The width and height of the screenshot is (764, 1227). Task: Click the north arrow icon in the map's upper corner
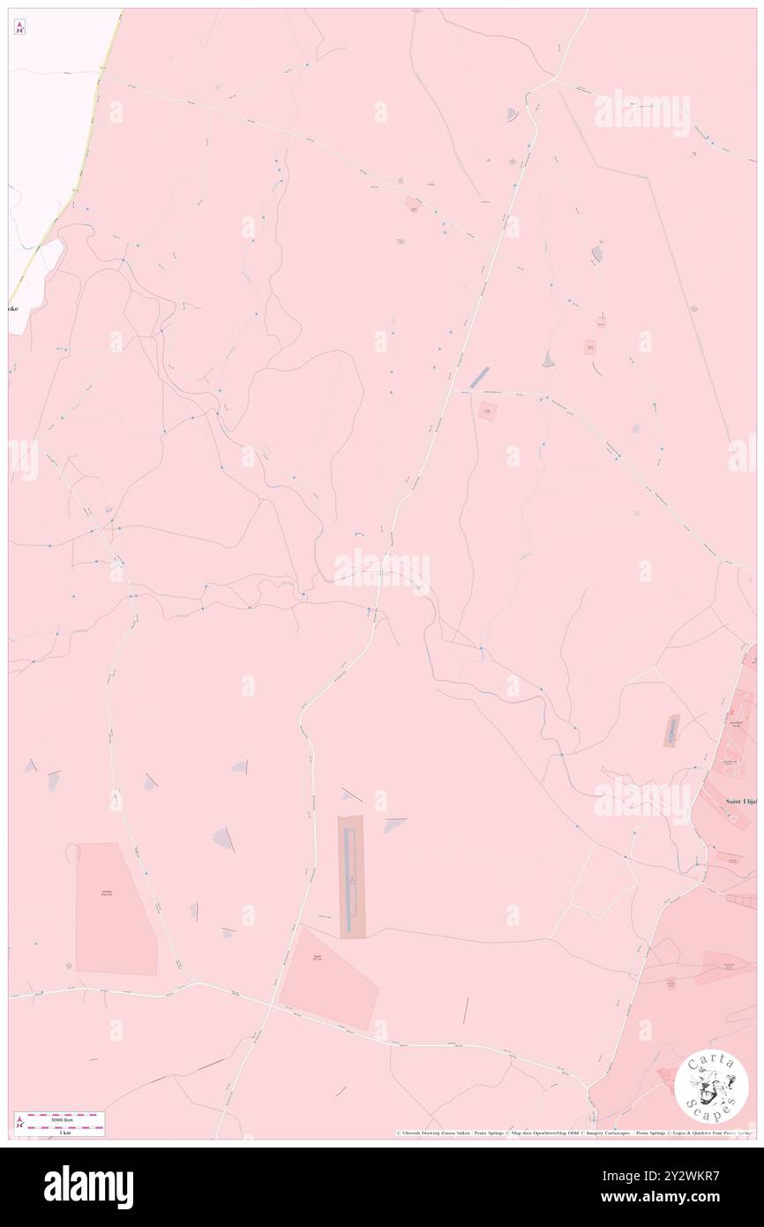19,27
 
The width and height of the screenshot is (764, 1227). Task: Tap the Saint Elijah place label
740,801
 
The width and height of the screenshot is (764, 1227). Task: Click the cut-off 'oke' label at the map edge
13,309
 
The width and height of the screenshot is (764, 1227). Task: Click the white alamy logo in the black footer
88,1186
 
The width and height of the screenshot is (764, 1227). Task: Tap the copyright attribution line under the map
573,1133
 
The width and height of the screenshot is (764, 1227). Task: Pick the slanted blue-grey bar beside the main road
479,378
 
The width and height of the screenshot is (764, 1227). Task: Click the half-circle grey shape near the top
511,115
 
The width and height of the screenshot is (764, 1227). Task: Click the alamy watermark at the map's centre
381,571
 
